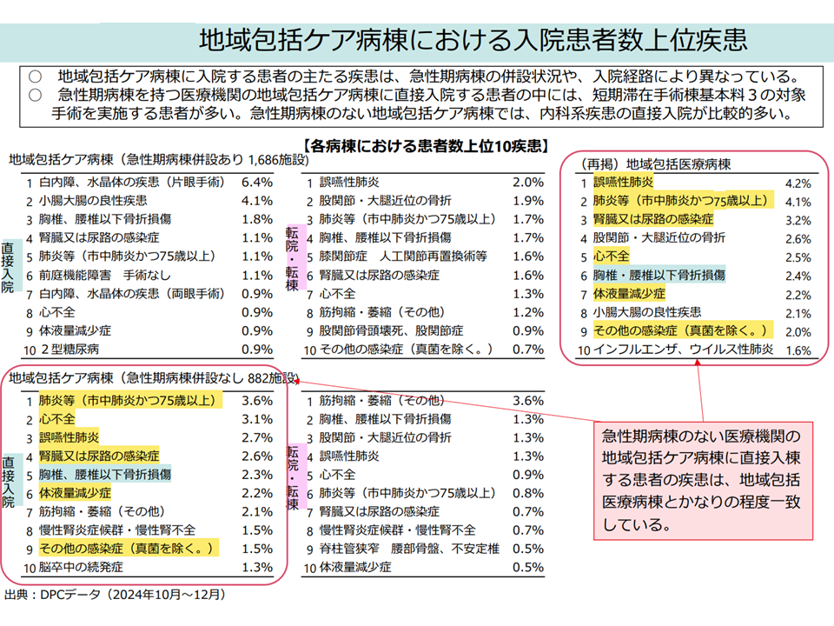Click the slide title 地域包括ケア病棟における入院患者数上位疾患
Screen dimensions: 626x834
473,40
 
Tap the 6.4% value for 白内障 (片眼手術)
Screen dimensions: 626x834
257,183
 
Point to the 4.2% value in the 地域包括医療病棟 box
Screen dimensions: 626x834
797,183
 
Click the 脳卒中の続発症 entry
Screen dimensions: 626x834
81,568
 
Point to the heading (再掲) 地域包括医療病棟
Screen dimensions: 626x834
656,163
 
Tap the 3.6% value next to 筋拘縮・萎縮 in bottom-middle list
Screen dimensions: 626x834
528,401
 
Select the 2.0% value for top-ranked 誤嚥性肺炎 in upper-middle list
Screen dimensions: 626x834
528,183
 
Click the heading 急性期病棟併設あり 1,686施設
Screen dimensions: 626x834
158,161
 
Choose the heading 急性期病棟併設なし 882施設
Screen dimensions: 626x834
155,378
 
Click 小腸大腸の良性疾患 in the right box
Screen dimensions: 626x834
647,312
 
